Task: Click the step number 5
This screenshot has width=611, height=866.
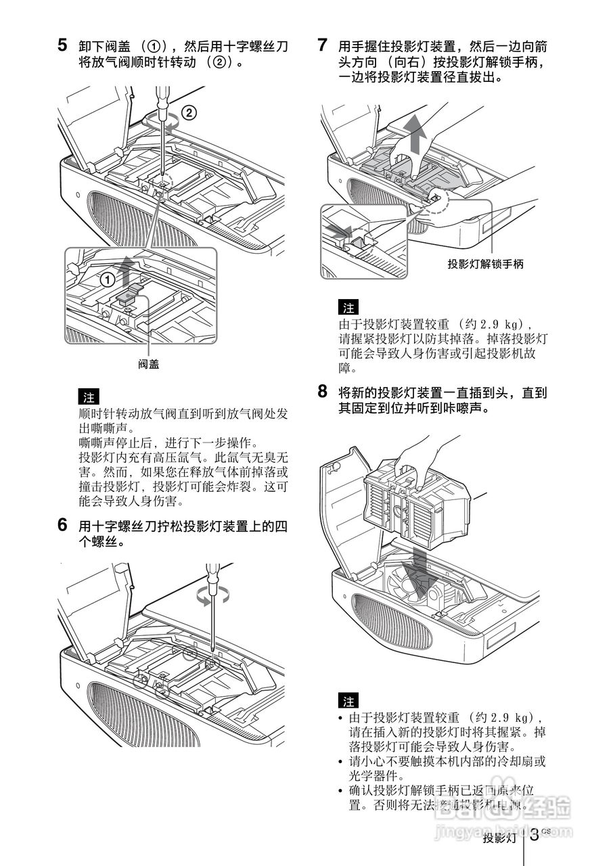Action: (62, 46)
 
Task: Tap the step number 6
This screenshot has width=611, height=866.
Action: (62, 525)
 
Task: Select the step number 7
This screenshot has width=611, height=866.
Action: (323, 46)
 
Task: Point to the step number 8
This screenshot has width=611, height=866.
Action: (323, 392)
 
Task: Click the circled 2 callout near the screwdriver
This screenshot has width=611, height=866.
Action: (190, 112)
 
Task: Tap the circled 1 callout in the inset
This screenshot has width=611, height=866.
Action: (106, 278)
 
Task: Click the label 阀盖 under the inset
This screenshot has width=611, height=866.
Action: (149, 363)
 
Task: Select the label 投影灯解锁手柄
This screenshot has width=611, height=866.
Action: (485, 264)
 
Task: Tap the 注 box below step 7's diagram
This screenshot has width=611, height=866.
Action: (348, 306)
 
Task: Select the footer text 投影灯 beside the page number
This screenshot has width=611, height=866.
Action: (499, 839)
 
